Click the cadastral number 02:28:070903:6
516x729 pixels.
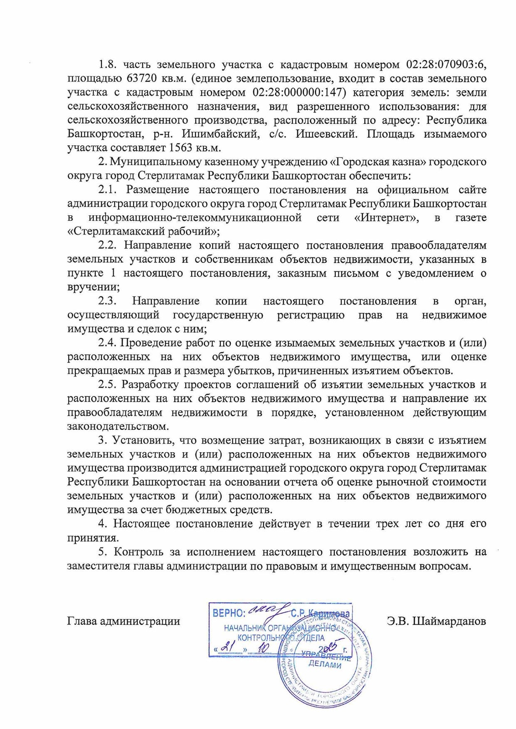[x=446, y=64]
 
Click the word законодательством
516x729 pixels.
[x=118, y=426]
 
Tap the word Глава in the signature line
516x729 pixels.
[x=82, y=621]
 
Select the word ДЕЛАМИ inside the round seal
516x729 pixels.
[x=325, y=665]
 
